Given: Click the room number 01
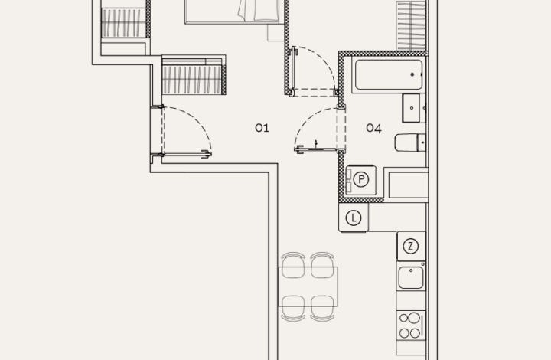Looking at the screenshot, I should pyautogui.click(x=262, y=128).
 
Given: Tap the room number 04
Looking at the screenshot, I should pyautogui.click(x=373, y=128).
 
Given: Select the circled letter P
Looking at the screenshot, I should pyautogui.click(x=361, y=179).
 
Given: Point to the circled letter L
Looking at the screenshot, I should pyautogui.click(x=353, y=218).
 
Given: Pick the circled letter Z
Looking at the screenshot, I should pyautogui.click(x=411, y=246).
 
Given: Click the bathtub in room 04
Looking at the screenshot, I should pyautogui.click(x=389, y=75).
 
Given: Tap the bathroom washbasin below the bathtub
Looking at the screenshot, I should pyautogui.click(x=414, y=108).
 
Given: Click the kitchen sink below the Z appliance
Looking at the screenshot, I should pyautogui.click(x=411, y=277).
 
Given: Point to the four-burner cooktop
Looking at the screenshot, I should pyautogui.click(x=411, y=324).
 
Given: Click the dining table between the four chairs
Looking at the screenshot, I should pyautogui.click(x=308, y=286).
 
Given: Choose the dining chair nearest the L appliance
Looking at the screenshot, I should pyautogui.click(x=323, y=265).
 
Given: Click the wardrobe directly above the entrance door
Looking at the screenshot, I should pyautogui.click(x=193, y=77).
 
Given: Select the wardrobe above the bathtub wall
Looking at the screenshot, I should pyautogui.click(x=410, y=26).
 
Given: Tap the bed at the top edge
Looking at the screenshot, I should pyautogui.click(x=234, y=11).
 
